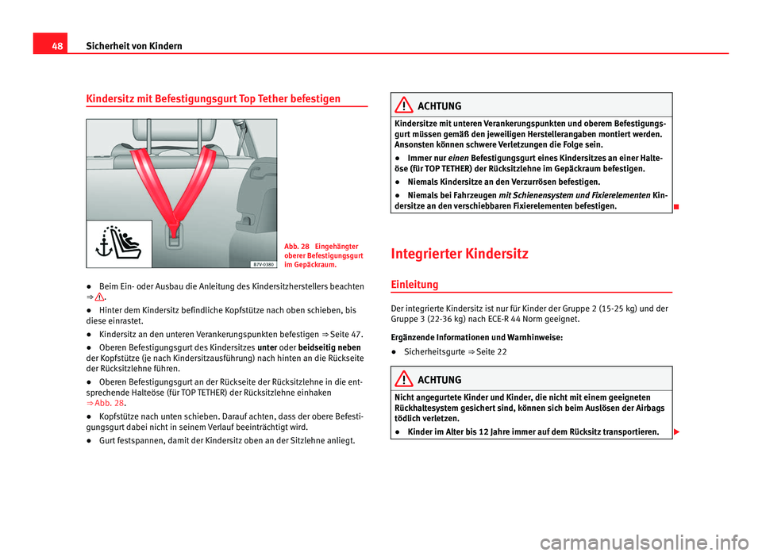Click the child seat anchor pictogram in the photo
(x=120, y=241)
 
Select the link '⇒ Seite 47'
(x=344, y=335)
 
